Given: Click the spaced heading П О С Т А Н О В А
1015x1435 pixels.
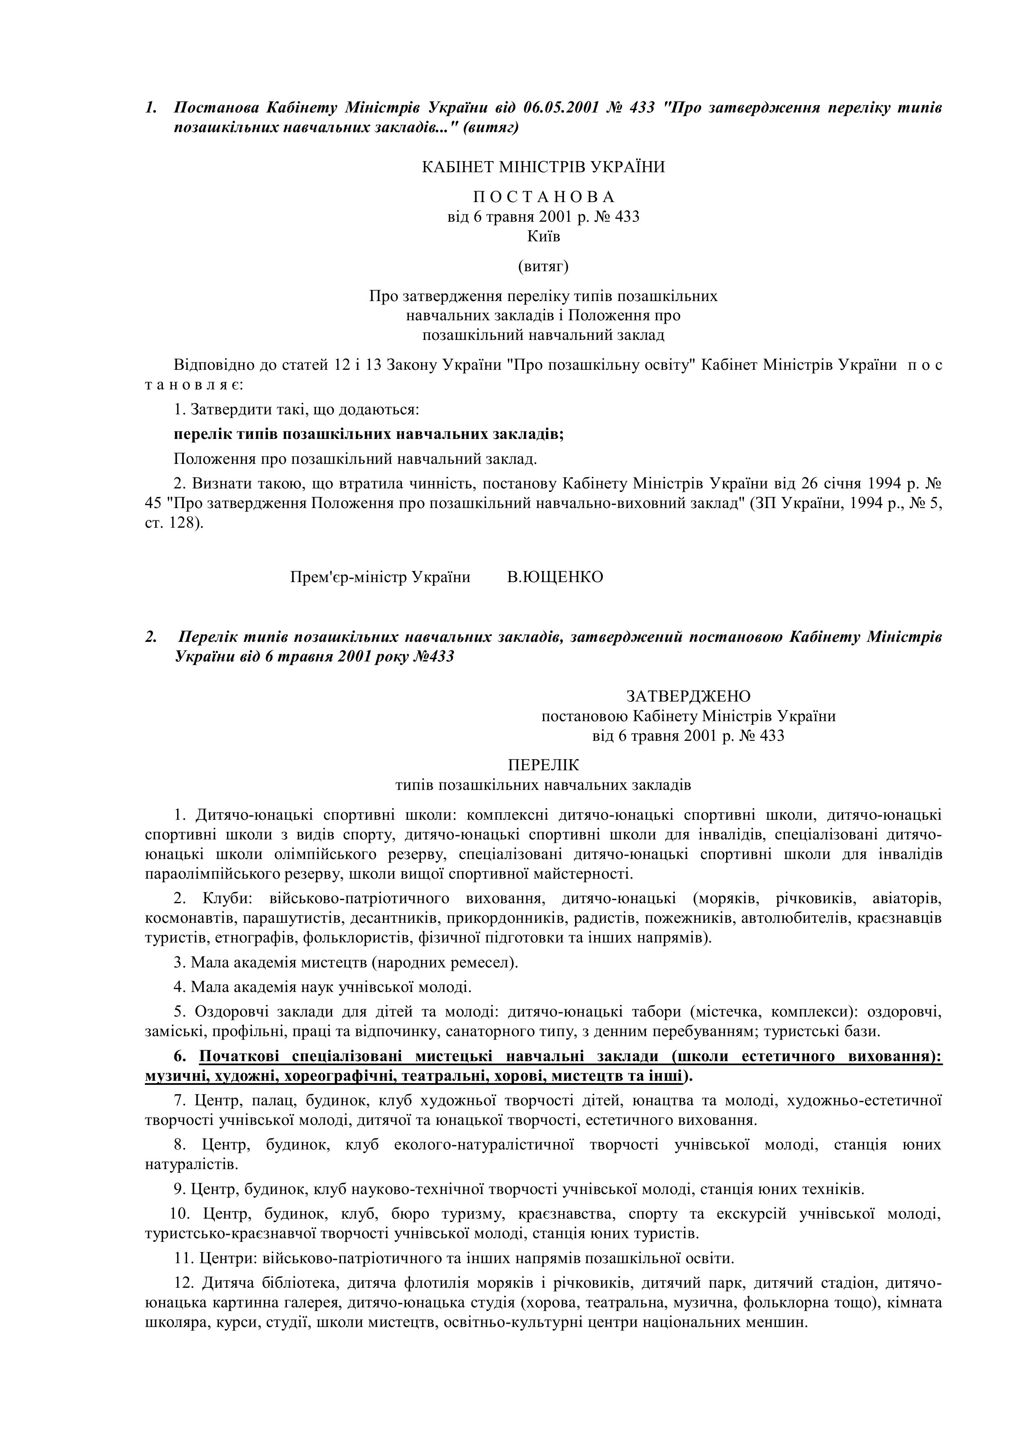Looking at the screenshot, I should tap(544, 198).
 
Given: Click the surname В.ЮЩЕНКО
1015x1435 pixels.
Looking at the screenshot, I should tap(555, 577).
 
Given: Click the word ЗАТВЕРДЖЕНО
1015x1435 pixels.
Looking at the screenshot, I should tap(688, 696).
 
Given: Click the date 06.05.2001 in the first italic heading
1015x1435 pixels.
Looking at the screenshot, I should tap(562, 108).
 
